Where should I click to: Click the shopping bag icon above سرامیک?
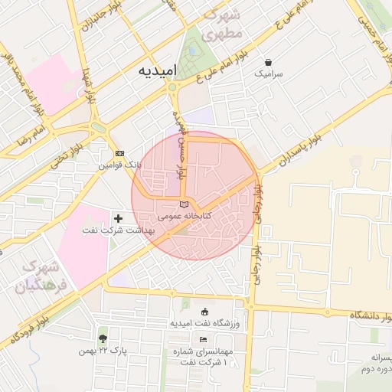tap(268, 62)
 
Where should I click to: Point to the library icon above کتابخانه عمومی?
tap(182, 204)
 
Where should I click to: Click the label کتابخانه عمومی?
tap(180, 217)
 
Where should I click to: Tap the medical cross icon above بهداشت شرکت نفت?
tap(118, 218)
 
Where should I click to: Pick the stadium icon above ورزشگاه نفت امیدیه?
tap(204, 312)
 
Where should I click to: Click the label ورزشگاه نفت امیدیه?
tap(205, 324)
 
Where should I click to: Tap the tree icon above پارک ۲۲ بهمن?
tap(103, 338)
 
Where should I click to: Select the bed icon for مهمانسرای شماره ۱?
tap(202, 339)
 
